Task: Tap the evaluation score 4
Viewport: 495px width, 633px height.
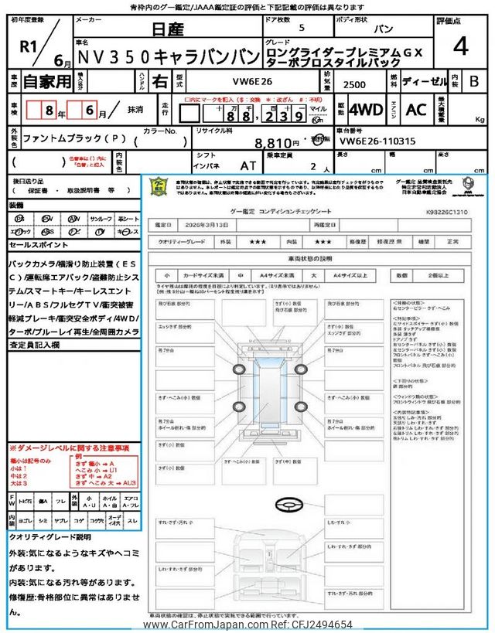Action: click(460, 47)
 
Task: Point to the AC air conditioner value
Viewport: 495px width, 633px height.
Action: click(416, 110)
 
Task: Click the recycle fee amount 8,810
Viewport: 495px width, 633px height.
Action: click(277, 143)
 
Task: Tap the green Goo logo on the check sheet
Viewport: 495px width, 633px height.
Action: click(159, 185)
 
